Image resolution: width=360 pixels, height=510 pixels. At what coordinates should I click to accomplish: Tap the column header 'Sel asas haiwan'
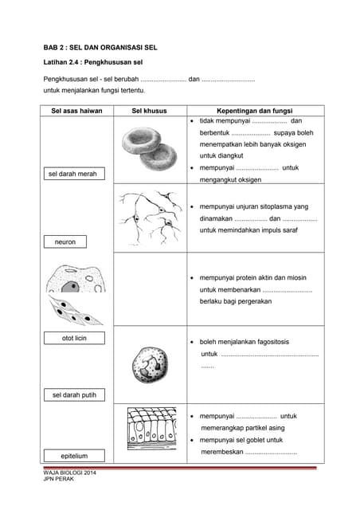[x=76, y=111]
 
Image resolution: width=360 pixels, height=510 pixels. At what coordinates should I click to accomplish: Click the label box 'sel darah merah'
[x=73, y=174]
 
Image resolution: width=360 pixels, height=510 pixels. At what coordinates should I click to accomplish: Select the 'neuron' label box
[x=65, y=241]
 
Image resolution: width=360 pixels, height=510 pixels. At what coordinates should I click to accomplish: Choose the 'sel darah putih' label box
[x=73, y=395]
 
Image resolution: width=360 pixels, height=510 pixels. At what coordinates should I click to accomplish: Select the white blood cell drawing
[x=149, y=364]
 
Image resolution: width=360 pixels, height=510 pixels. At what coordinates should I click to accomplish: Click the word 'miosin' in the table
[x=299, y=277]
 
